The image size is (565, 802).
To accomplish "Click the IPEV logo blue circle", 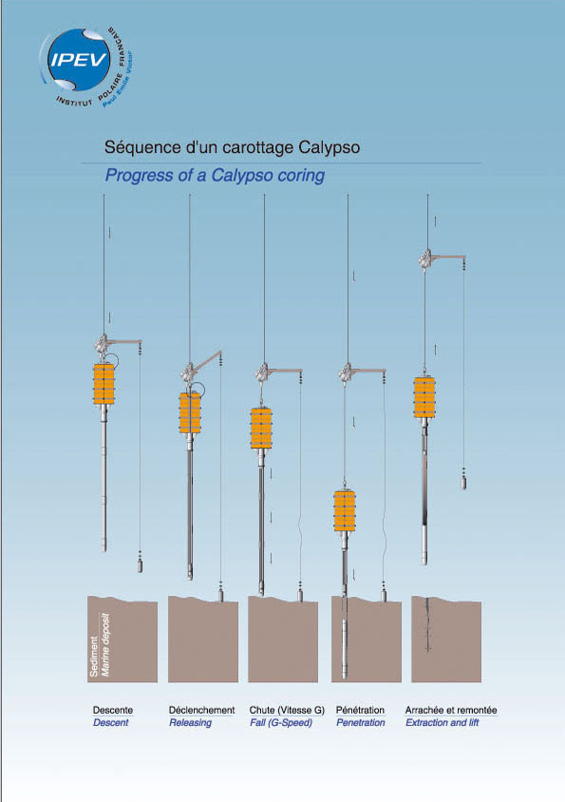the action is (x=79, y=60).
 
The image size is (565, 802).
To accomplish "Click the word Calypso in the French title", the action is (x=329, y=148).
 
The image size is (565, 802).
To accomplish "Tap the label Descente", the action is (x=112, y=710).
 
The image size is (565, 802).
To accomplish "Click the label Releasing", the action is (x=190, y=723).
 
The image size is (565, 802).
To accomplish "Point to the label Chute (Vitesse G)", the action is (x=287, y=710).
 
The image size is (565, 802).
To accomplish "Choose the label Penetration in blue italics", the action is (x=361, y=723).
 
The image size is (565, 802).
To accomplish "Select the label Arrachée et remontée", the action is (x=451, y=710).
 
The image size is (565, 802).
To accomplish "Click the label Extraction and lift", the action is (x=443, y=723).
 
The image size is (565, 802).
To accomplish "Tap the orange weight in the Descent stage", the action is (x=104, y=384).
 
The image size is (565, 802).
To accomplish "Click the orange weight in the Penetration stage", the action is (x=344, y=510).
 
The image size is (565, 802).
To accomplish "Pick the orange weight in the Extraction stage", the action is (x=424, y=397).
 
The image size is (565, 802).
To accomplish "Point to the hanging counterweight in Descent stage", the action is (x=140, y=565).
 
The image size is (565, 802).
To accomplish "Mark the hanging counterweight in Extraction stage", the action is (x=463, y=483).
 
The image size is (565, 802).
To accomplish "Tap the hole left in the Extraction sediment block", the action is (x=427, y=625).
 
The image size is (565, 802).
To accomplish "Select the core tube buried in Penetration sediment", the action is (x=344, y=639).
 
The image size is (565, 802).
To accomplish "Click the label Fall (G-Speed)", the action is (x=281, y=723).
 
